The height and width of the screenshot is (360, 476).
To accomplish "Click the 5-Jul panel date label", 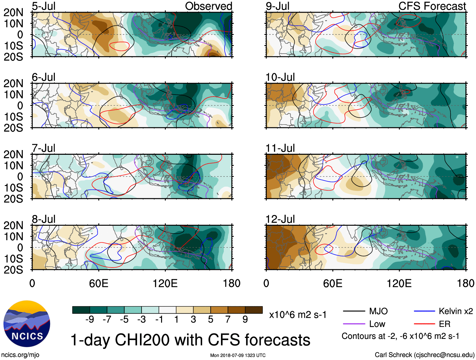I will pyautogui.click(x=44, y=6).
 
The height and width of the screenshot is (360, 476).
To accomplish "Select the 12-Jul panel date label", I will pyautogui.click(x=280, y=219).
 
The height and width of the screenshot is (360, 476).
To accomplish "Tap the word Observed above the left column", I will pyautogui.click(x=208, y=6).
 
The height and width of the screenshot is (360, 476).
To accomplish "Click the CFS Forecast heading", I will pyautogui.click(x=432, y=6).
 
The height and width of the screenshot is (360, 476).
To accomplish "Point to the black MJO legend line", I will pyautogui.click(x=354, y=311).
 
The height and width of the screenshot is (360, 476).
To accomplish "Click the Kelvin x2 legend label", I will pyautogui.click(x=456, y=311).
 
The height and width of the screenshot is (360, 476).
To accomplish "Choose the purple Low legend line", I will pyautogui.click(x=354, y=324).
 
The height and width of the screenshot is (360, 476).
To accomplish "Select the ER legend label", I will pyautogui.click(x=444, y=324).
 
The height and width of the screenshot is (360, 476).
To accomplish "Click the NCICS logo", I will pyautogui.click(x=27, y=324).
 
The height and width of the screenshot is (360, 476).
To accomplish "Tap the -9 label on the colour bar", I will pyautogui.click(x=90, y=320).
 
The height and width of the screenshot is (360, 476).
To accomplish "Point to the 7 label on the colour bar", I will pyautogui.click(x=228, y=320).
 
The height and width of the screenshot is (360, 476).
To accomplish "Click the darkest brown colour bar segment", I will pyautogui.click(x=254, y=310).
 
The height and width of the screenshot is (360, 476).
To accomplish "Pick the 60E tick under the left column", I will pyautogui.click(x=99, y=283).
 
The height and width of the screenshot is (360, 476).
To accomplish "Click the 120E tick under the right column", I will pyautogui.click(x=399, y=283).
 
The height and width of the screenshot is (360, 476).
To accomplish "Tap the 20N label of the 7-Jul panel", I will pyautogui.click(x=13, y=154).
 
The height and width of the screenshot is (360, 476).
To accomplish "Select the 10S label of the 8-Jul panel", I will pyautogui.click(x=13, y=259).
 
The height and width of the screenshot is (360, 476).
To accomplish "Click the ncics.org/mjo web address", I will pyautogui.click(x=20, y=355).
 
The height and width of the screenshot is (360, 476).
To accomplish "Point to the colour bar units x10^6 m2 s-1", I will pyautogui.click(x=298, y=315).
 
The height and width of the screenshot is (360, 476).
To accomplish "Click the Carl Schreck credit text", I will pyautogui.click(x=424, y=355).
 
